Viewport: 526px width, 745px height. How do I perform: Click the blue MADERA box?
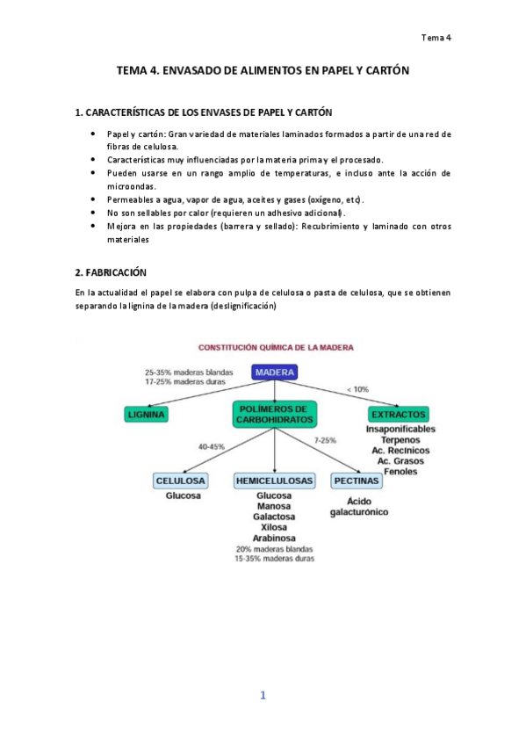tap(275, 372)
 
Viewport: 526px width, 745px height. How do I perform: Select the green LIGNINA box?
tap(147, 413)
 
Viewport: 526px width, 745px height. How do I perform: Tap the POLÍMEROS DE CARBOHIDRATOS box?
tap(275, 414)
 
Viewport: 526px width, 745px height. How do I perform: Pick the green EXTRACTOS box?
tap(399, 413)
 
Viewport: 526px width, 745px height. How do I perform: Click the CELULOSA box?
tap(181, 481)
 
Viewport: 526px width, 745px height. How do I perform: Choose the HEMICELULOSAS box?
tap(275, 481)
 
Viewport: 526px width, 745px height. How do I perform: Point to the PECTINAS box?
tap(357, 481)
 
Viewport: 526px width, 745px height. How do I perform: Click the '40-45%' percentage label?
tap(211, 446)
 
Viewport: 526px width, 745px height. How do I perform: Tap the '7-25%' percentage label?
tap(325, 439)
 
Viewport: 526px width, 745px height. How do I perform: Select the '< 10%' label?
tap(357, 387)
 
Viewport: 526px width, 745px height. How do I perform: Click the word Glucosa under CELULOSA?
tap(184, 496)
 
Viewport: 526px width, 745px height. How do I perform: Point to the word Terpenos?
tap(400, 439)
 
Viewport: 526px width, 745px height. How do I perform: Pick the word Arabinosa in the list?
tap(275, 538)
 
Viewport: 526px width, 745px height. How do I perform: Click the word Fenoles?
tap(400, 472)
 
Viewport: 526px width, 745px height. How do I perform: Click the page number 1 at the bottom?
tap(262, 696)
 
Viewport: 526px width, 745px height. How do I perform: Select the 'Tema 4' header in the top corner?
tap(436, 38)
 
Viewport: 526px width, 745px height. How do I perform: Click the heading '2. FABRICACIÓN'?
tap(112, 273)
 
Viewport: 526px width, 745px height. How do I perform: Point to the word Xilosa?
tap(275, 527)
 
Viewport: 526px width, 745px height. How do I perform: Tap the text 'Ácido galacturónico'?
tap(358, 506)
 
